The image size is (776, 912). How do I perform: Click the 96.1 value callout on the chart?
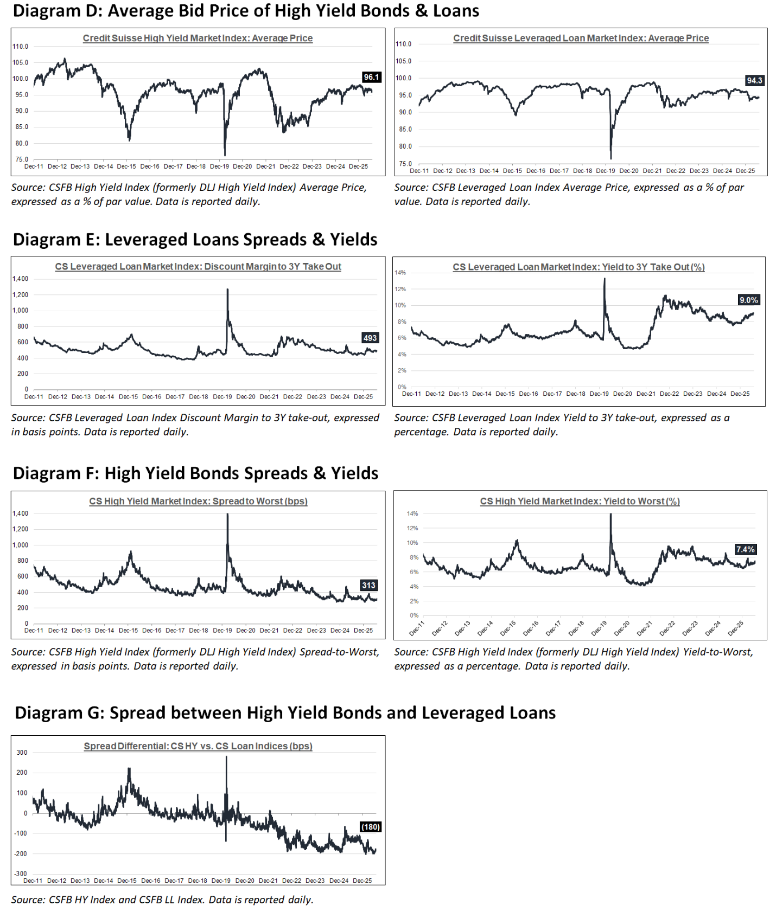pos(372,77)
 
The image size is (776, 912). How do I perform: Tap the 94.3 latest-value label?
pos(754,80)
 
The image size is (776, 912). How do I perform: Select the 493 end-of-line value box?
pos(370,338)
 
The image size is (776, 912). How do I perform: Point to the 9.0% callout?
pos(749,300)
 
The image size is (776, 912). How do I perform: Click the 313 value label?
pos(369,585)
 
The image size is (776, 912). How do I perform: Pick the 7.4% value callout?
pos(746,549)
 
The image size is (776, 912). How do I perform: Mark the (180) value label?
pos(371,827)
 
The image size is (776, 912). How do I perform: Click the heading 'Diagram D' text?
pos(56,10)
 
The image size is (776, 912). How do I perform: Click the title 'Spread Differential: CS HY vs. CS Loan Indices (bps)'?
pos(198,746)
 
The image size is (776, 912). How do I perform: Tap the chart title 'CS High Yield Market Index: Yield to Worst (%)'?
pos(580,502)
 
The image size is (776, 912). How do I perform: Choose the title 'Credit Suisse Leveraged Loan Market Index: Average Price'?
pos(581,38)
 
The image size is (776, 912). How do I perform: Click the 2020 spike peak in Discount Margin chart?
pos(227,290)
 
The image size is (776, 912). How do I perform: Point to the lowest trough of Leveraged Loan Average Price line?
pos(611,158)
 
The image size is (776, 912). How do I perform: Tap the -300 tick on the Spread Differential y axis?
pos(21,874)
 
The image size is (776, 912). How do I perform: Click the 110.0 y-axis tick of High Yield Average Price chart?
pos(21,47)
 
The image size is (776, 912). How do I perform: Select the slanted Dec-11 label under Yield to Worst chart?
pos(417,628)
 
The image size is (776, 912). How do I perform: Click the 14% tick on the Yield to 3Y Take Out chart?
pos(400,273)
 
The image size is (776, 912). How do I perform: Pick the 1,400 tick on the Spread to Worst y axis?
pos(21,513)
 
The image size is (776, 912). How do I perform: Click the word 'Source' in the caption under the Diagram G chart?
pos(28,900)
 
